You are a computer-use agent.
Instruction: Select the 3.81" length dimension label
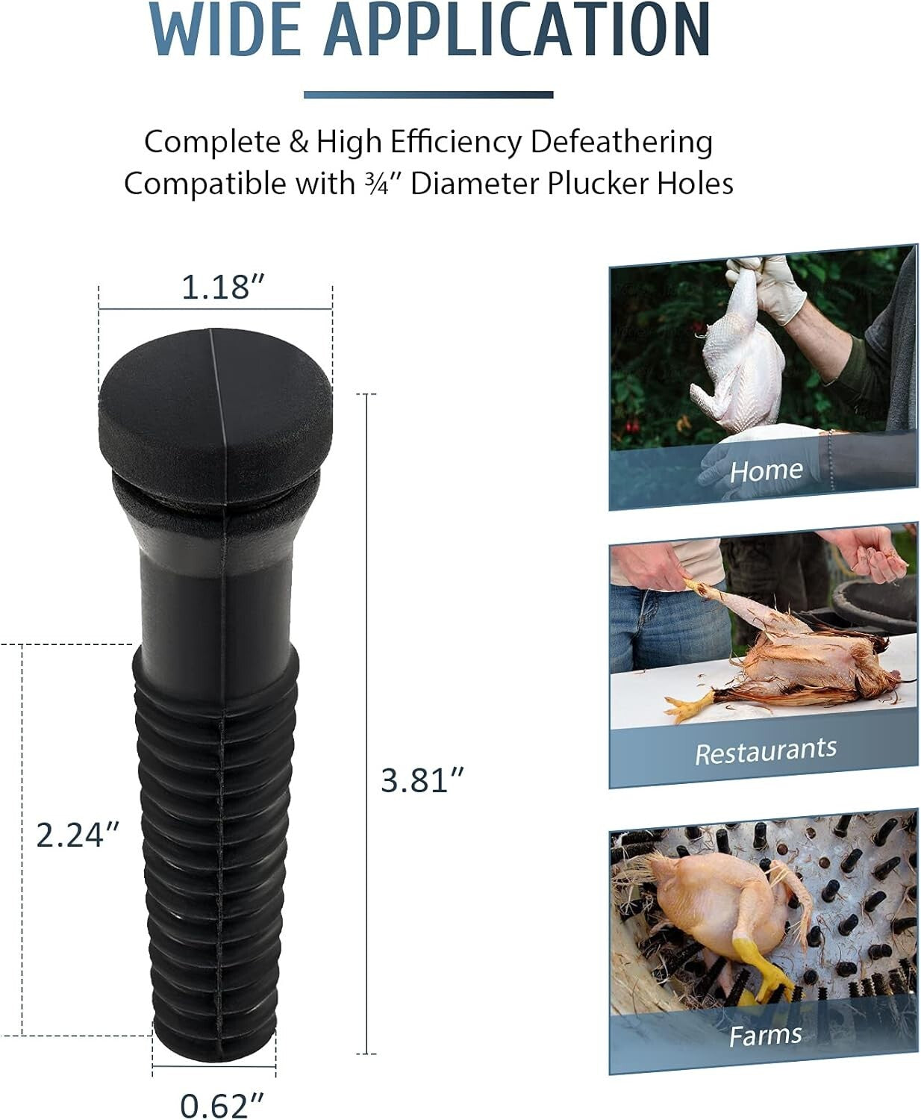tap(422, 781)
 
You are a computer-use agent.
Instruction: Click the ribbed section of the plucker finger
tap(216, 844)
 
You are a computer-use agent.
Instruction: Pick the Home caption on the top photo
tap(766, 471)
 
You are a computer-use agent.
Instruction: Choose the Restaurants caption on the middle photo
tap(766, 751)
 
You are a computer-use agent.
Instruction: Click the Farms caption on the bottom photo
tap(766, 1036)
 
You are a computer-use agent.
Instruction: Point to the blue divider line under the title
tap(428, 95)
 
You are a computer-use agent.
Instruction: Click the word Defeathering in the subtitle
tap(621, 142)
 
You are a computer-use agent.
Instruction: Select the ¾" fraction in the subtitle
tap(387, 184)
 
